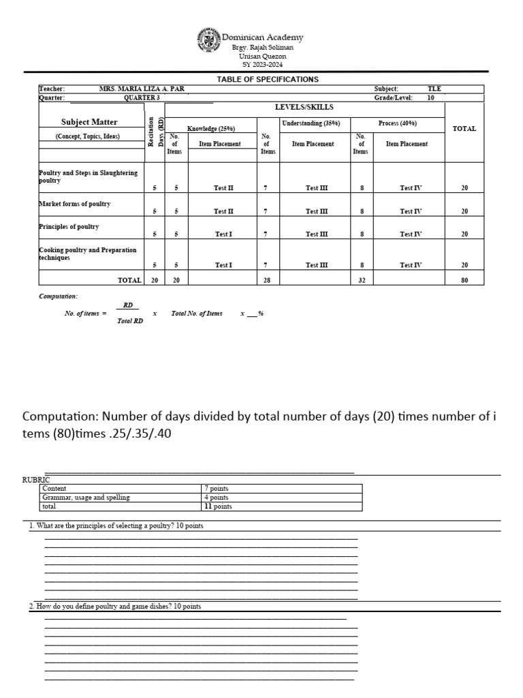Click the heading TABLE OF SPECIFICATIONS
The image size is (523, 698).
(x=268, y=80)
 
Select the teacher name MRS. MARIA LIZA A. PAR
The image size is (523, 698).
(x=142, y=89)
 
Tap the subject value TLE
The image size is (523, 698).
(x=434, y=89)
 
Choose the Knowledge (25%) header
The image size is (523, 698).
(x=212, y=128)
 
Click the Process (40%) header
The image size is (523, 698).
(x=397, y=123)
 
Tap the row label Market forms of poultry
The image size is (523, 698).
(x=75, y=204)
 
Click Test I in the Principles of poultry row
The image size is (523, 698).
(x=223, y=234)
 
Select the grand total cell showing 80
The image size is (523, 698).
(x=464, y=279)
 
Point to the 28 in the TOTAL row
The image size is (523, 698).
(x=268, y=279)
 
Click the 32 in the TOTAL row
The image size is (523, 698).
(x=362, y=279)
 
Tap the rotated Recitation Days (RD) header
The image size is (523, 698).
(x=155, y=131)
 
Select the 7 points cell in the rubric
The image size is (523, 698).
(x=217, y=489)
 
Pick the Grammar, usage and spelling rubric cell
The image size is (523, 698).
(x=86, y=498)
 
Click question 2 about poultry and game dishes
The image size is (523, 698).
(x=115, y=606)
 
